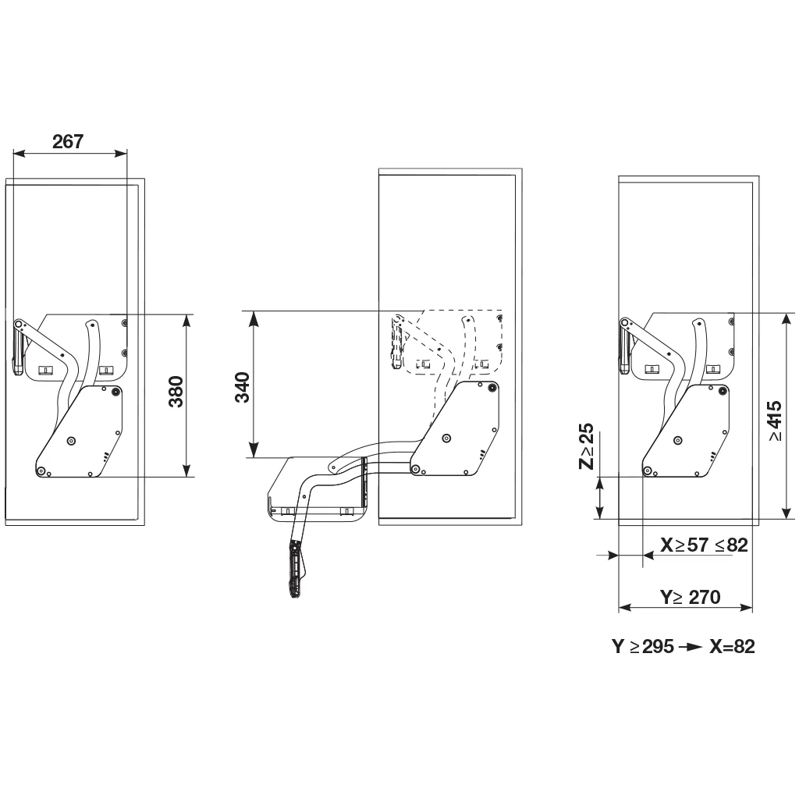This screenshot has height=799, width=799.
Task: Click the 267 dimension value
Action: (67, 141)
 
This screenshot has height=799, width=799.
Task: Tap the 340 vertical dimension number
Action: (242, 388)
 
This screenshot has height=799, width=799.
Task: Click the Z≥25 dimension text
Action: (586, 447)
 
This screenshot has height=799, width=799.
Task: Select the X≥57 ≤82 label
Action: (703, 545)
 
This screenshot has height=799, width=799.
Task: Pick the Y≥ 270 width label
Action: (690, 597)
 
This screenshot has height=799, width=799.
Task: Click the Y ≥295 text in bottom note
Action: (642, 647)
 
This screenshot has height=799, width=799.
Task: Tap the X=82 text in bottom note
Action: (732, 647)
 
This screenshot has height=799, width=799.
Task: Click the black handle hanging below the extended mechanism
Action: (295, 569)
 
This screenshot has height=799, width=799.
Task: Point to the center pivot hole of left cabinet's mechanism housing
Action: (71, 441)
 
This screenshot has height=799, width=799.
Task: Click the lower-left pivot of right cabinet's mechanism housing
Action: (648, 469)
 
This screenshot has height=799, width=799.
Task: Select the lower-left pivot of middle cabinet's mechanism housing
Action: (415, 469)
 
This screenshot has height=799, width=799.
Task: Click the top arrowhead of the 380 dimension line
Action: (186, 320)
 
